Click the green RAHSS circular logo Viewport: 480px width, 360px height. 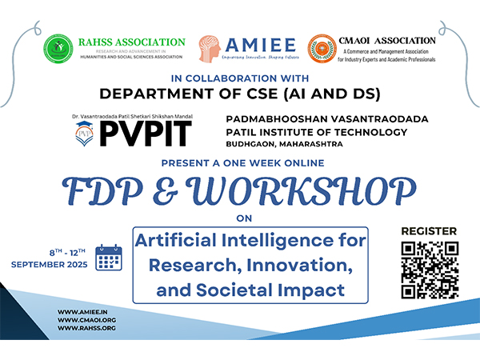(58, 49)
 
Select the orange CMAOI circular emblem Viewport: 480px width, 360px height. (322, 49)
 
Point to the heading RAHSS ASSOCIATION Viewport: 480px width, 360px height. (131, 42)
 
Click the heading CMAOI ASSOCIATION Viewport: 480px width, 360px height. (387, 40)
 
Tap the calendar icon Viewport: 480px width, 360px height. (109, 258)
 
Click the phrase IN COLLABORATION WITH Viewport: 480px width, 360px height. (240, 78)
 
